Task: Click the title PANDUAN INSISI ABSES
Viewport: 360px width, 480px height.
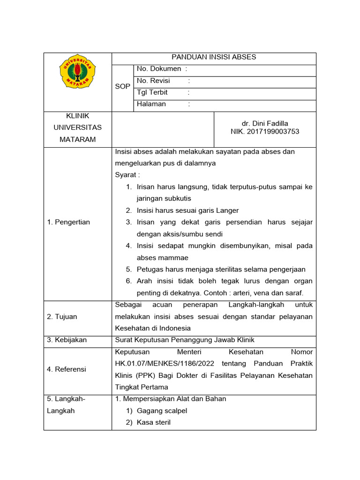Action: point(214,57)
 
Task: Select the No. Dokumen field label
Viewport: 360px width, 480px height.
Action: point(159,69)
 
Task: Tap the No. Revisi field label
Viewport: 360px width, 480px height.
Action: point(153,81)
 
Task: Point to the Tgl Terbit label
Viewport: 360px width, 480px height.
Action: point(152,92)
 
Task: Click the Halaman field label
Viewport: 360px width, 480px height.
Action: point(151,104)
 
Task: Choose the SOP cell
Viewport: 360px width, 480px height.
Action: point(122,87)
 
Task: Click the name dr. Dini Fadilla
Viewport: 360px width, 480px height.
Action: point(265,123)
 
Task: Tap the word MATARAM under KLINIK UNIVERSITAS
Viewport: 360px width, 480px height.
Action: point(77,139)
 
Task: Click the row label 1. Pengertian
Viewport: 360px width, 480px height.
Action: point(68,222)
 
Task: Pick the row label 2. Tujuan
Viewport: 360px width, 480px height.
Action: point(62,316)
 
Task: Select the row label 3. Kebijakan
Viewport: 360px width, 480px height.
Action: point(67,340)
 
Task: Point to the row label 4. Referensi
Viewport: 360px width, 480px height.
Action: point(67,369)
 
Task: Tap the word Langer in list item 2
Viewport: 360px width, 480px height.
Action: point(228,210)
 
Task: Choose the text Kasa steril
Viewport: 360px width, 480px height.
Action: point(154,422)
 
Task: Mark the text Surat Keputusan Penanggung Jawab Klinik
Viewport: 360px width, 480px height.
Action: point(185,340)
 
